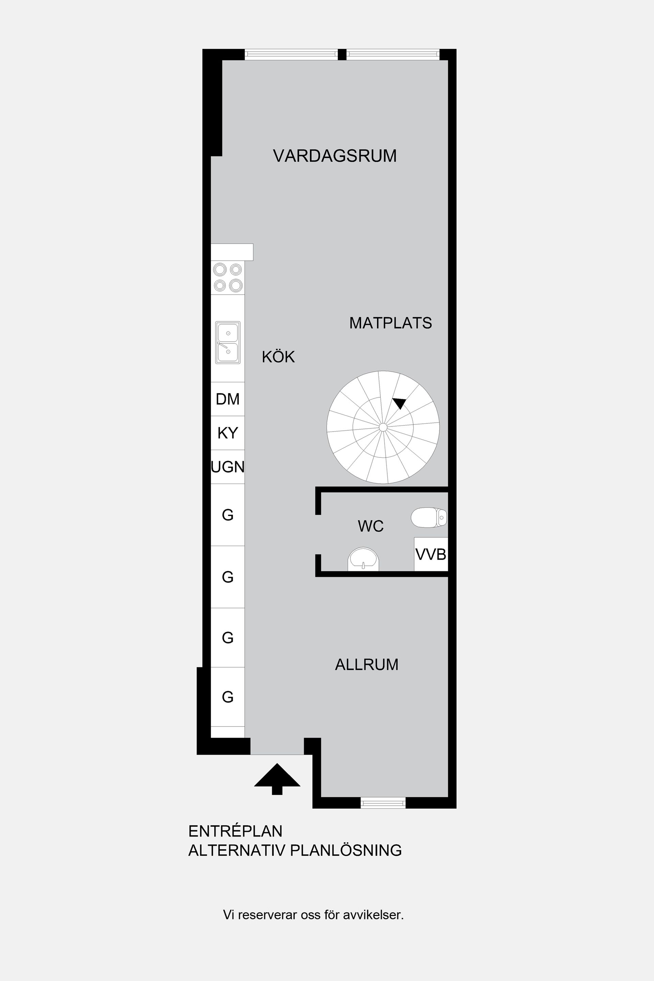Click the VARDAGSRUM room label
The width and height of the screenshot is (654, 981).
tap(334, 156)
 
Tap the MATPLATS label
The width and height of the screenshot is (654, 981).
tap(390, 323)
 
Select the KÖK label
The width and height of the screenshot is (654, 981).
tap(278, 357)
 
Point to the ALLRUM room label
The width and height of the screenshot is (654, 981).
tap(367, 665)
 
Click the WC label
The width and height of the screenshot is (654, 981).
tap(370, 526)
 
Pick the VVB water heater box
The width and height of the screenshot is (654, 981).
tap(431, 554)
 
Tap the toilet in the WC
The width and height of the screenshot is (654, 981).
tap(429, 518)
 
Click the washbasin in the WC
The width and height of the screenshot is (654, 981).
tap(363, 559)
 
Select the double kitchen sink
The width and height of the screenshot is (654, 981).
tap(228, 342)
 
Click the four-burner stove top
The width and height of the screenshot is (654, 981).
tap(228, 277)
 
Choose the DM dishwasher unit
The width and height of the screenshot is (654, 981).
tap(228, 399)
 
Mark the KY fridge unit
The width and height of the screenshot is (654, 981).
tap(228, 433)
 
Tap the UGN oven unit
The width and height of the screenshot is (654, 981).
tap(228, 467)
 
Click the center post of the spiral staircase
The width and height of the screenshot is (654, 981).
tap(383, 427)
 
